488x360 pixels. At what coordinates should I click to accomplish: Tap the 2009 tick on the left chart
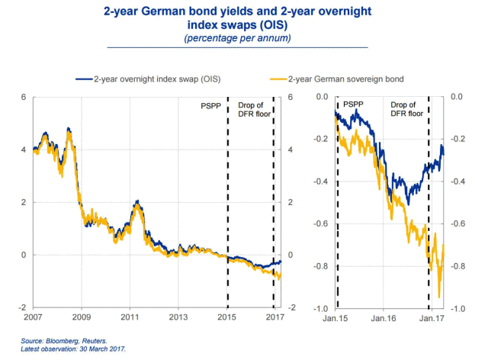[82, 315]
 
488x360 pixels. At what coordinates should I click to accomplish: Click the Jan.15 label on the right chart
[335, 316]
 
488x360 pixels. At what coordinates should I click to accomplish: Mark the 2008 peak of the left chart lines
[69, 130]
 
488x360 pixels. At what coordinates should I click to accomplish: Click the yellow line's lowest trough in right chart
[438, 297]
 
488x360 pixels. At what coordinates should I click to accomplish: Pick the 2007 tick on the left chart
[34, 315]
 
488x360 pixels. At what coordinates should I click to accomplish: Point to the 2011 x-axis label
[130, 315]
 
